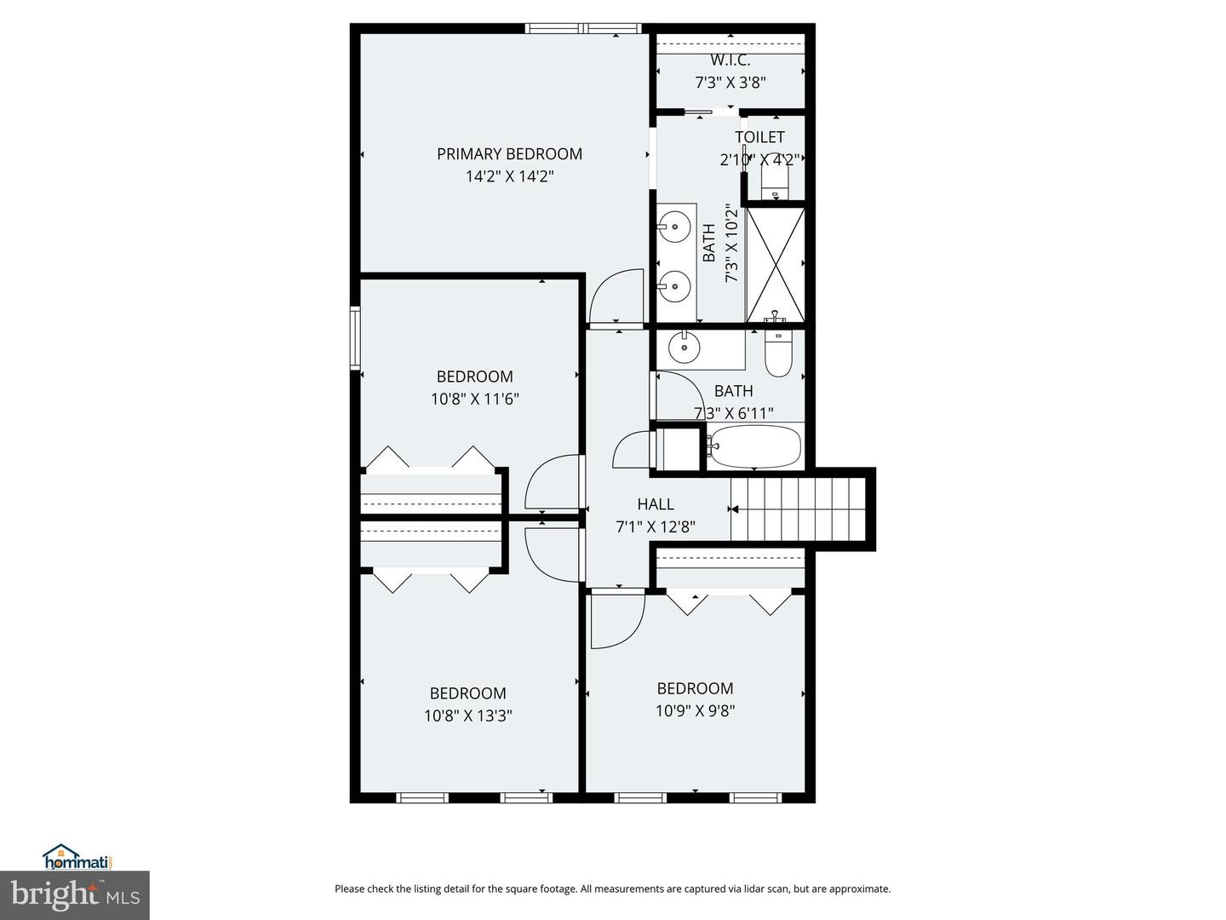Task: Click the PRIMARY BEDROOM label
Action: tap(509, 154)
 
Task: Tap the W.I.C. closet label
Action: tap(730, 60)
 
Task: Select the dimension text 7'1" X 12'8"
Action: tap(655, 527)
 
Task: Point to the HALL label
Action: tap(655, 504)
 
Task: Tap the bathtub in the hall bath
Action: tap(755, 446)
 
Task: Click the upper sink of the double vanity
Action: tap(674, 227)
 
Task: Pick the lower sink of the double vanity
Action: tap(674, 285)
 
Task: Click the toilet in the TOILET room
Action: tap(774, 180)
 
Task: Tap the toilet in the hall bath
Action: tap(778, 353)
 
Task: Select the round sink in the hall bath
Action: tap(684, 347)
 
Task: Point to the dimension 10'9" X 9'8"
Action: tap(695, 710)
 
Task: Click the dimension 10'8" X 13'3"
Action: tap(467, 716)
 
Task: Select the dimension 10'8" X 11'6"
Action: tap(474, 399)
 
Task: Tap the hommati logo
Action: tap(77, 857)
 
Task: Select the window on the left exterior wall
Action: tap(355, 338)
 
